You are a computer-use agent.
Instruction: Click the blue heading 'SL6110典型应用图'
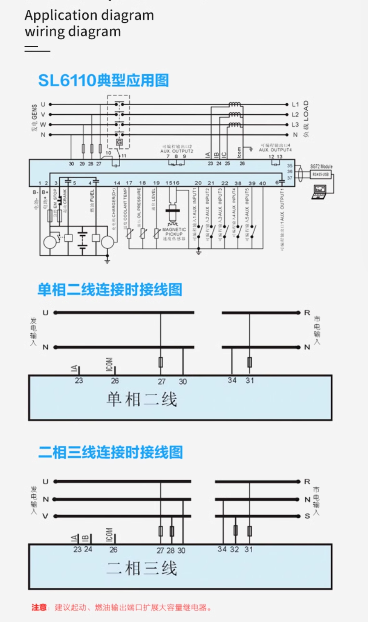coord(103,80)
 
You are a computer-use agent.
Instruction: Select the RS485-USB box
coord(320,175)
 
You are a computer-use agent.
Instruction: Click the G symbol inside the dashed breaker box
coord(119,142)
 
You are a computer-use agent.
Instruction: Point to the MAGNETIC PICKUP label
coord(174,232)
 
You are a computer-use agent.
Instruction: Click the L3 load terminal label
coord(295,125)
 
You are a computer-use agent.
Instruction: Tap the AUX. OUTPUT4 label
coord(275,150)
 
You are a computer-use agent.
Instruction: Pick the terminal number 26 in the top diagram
coord(242,163)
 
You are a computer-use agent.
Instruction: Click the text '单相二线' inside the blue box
coord(142,399)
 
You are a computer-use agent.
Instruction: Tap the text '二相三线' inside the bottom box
coord(142,569)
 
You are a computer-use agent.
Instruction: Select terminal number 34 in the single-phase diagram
coord(232,380)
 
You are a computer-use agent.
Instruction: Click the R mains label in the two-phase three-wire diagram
coord(307,481)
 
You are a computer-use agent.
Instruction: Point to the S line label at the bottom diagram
coord(307,516)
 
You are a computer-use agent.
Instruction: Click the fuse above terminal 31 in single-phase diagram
coord(249,362)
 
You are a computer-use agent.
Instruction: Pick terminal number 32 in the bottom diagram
coord(234,549)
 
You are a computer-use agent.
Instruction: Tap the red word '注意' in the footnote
coord(39,607)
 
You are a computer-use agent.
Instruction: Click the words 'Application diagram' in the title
coord(89,15)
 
